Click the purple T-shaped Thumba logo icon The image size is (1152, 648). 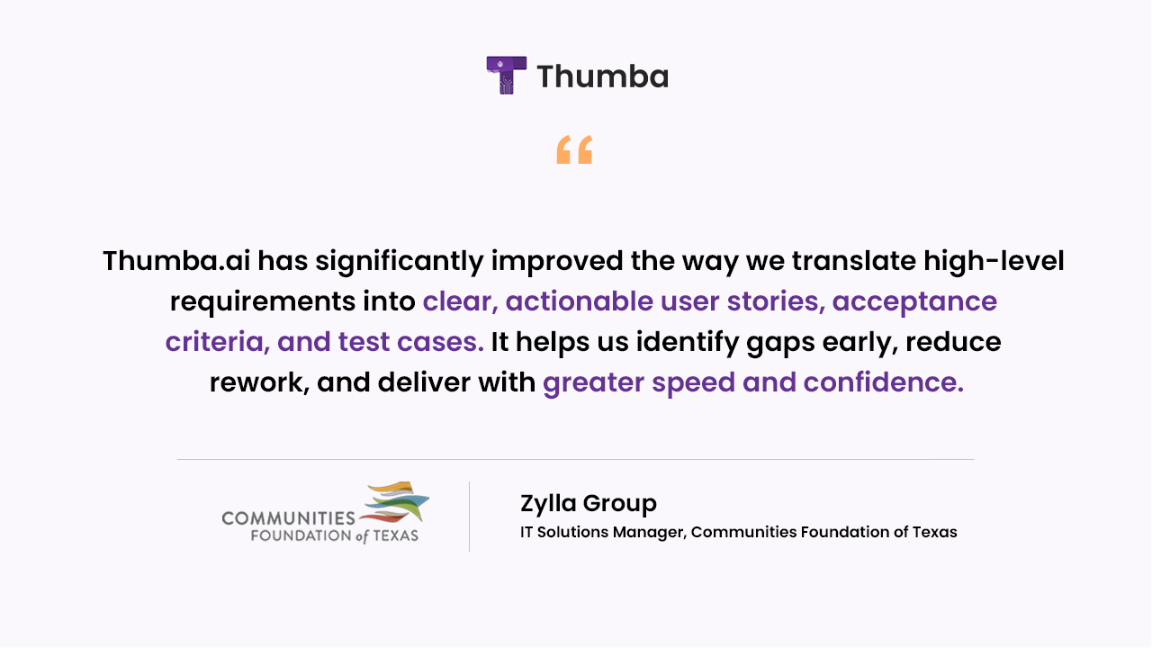coord(507,75)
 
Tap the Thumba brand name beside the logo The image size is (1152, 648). coord(603,76)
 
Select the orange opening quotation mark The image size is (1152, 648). coord(574,149)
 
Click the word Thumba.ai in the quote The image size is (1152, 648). coord(176,260)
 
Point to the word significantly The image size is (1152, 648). coord(400,262)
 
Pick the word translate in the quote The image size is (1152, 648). coord(854,260)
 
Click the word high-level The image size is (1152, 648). coord(994,261)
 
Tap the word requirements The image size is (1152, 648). coord(263,301)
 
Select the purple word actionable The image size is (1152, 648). coord(580,301)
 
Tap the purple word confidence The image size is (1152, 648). coord(883,382)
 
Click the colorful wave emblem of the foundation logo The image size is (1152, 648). coord(394,502)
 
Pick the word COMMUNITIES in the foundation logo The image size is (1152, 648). coord(289,518)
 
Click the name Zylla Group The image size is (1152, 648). coord(589,503)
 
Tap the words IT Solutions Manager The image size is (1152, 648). coord(603,532)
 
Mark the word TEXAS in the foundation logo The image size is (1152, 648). coord(395,535)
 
